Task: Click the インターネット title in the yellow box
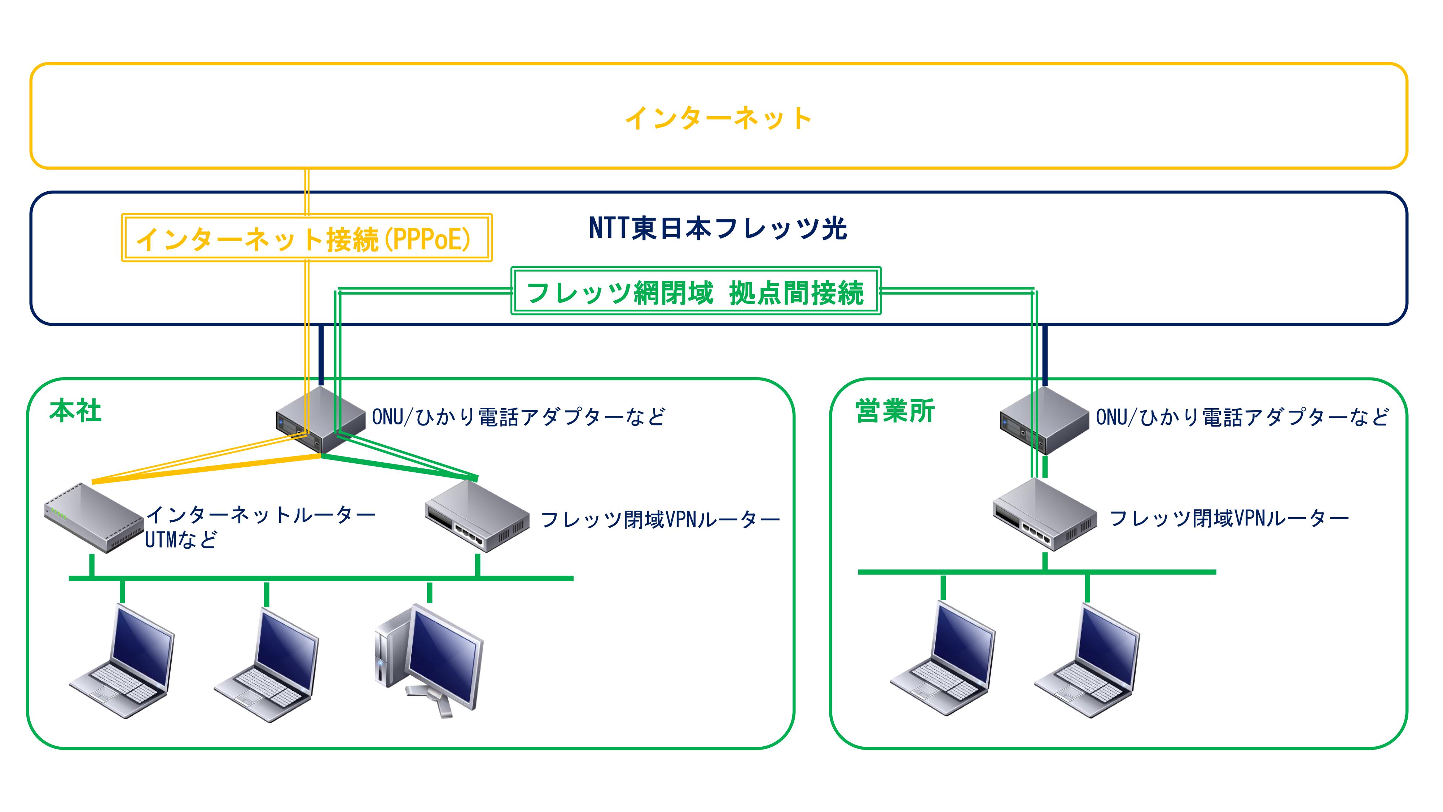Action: pyautogui.click(x=718, y=118)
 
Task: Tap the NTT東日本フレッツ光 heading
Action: pyautogui.click(x=718, y=229)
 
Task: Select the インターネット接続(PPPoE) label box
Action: pyautogui.click(x=307, y=237)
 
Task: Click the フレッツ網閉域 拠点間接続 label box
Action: pyautogui.click(x=696, y=291)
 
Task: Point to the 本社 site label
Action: pyautogui.click(x=75, y=411)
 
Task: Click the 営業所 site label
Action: pyautogui.click(x=895, y=411)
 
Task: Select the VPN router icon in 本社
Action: pyautogui.click(x=477, y=516)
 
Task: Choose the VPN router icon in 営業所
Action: pyautogui.click(x=1045, y=514)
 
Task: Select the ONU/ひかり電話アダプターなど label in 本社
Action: pyautogui.click(x=519, y=417)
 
